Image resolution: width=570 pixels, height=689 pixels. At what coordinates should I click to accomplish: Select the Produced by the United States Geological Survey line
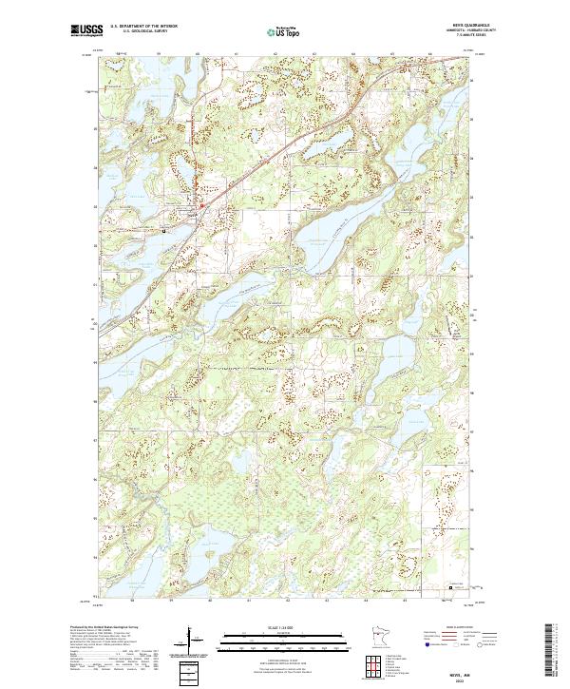[x=104, y=629]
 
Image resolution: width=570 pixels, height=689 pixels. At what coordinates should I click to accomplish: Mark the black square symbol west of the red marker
[x=163, y=230]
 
